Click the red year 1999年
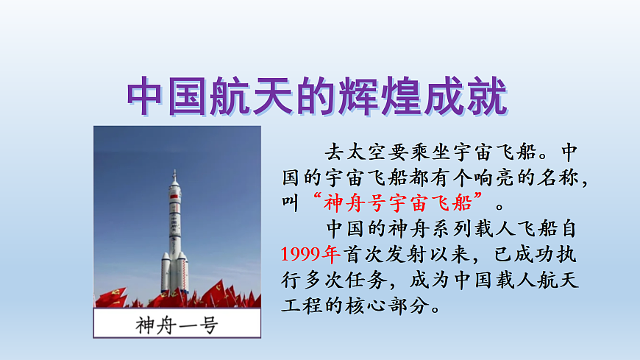point(310,254)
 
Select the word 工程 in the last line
point(302,305)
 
